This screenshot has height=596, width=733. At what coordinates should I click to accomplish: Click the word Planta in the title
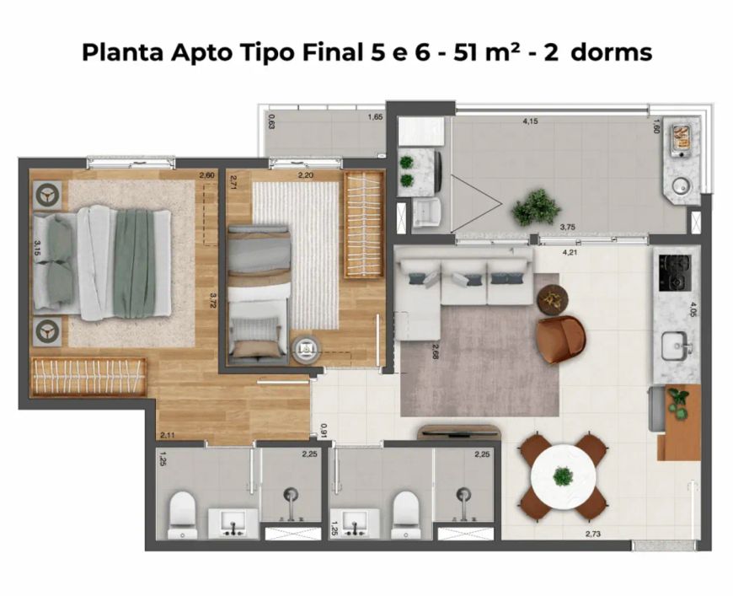pos(122,52)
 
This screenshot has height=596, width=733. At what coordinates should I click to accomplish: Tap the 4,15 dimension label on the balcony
pos(530,121)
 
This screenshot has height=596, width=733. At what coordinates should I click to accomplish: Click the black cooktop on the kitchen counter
pos(675,272)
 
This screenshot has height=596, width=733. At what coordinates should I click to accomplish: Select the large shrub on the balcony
pos(536,207)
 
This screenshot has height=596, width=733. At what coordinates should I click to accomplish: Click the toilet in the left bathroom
pos(182,514)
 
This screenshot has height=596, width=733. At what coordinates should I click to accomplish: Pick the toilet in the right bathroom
pos(405,514)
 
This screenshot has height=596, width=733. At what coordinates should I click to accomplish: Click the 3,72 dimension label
pos(214,301)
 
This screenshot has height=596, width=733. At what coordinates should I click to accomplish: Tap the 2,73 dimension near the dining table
pos(593,534)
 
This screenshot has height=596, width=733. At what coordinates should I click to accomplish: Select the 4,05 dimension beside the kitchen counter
pos(693,309)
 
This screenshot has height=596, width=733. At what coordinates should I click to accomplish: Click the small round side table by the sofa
pos(553,299)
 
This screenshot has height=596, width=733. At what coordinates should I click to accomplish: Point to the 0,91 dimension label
pos(323,431)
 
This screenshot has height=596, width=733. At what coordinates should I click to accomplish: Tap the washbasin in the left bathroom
pos(233,524)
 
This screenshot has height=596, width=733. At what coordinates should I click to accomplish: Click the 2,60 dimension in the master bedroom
pos(206,175)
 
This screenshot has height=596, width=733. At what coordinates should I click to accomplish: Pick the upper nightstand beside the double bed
pos(47,195)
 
